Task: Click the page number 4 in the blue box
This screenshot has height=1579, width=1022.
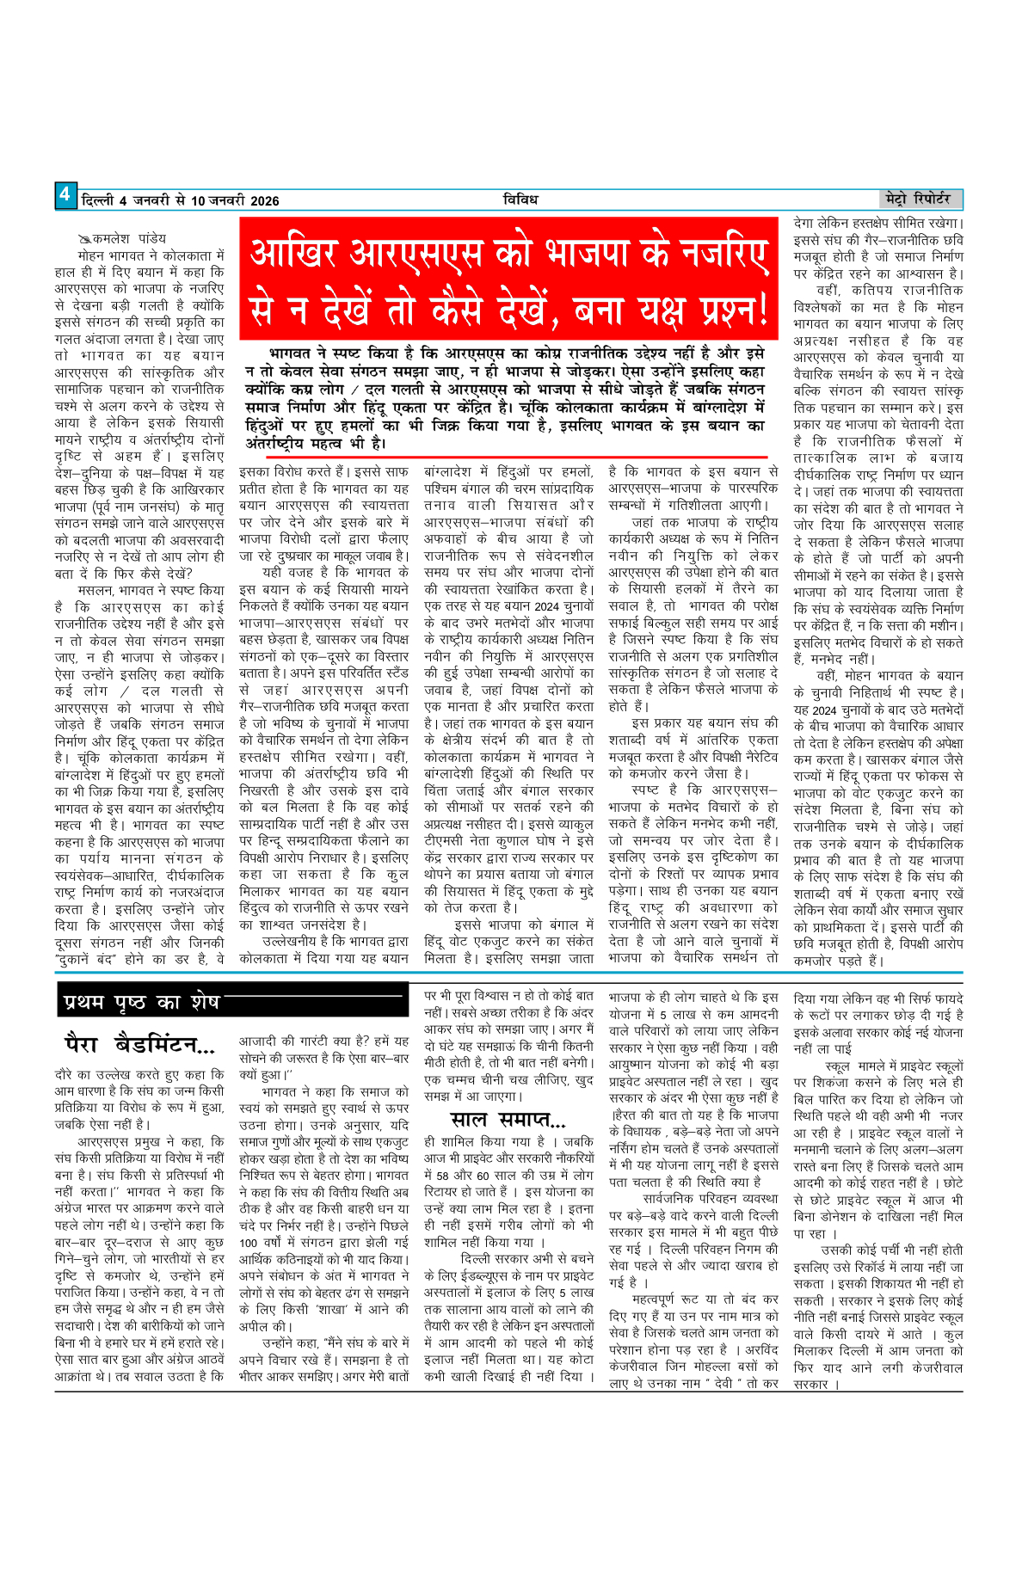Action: point(65,195)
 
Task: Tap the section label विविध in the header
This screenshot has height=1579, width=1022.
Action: point(520,200)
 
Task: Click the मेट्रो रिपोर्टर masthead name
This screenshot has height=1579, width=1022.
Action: point(922,199)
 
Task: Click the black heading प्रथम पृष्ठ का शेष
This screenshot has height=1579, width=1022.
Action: point(142,1002)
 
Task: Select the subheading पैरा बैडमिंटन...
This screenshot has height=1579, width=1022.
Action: point(139,1046)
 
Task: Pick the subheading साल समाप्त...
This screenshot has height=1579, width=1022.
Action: point(508,1120)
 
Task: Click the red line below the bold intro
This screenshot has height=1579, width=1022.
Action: point(503,458)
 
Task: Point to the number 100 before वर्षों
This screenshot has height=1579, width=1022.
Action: point(249,1243)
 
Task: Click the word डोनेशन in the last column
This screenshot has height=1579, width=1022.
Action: point(847,1217)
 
